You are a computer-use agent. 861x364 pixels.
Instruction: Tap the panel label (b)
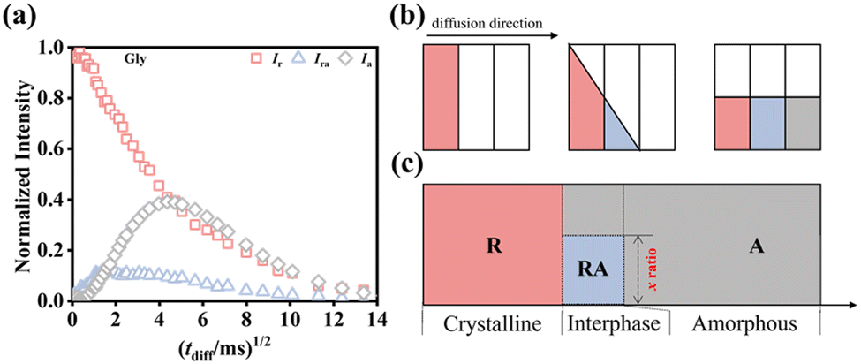pos(404,15)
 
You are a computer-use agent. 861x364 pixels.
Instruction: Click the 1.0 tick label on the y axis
pos(55,47)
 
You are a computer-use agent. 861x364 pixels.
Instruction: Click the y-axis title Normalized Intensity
pos(22,174)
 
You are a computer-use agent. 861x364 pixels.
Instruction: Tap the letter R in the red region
pos(493,246)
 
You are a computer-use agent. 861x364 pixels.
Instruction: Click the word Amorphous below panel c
pos(744,324)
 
